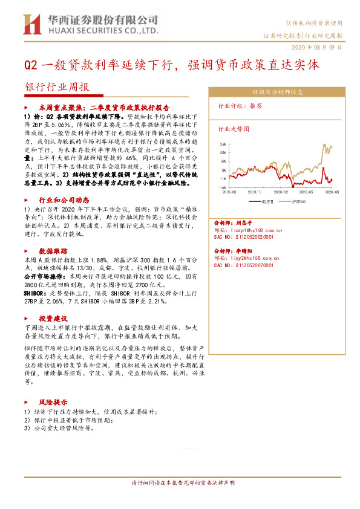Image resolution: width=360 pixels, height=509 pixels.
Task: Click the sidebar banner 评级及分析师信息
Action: (277, 93)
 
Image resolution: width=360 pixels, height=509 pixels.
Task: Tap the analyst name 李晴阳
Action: (244, 250)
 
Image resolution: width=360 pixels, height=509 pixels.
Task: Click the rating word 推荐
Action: (255, 105)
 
